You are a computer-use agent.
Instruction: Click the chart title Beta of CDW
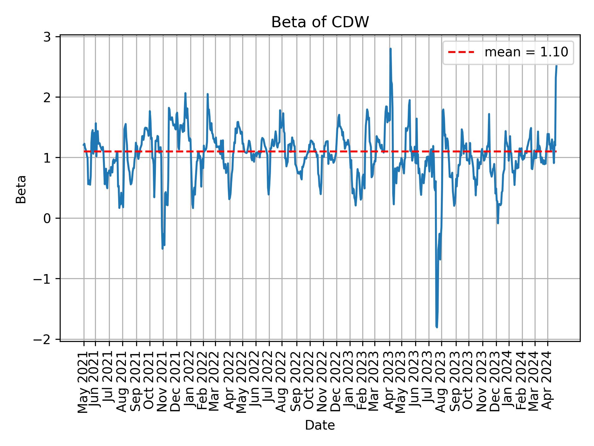[320, 22]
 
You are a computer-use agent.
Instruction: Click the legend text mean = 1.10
[526, 52]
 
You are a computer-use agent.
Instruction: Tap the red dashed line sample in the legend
[461, 52]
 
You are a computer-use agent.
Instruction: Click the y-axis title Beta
[21, 189]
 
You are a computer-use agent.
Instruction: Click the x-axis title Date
[320, 425]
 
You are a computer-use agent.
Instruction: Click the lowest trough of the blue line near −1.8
[437, 327]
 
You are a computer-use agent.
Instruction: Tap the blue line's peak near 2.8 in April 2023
[390, 49]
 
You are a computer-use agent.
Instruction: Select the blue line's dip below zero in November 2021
[163, 248]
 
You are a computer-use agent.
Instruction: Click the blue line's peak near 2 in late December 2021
[185, 93]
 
